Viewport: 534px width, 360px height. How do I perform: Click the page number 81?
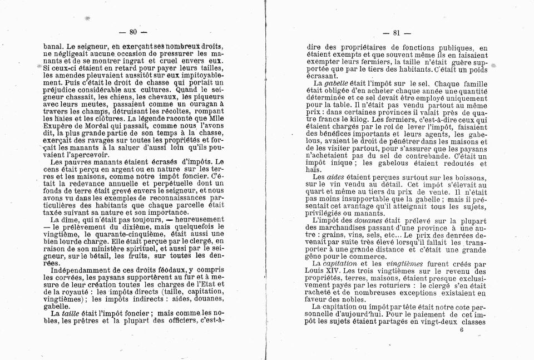397,32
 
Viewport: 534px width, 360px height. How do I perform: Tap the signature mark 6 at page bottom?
462,329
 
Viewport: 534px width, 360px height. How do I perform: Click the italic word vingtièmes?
409,263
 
